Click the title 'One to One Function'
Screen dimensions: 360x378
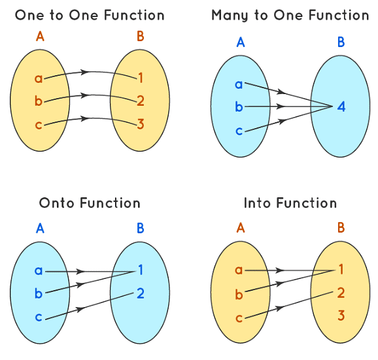coord(90,14)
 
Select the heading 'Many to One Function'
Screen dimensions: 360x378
coord(290,14)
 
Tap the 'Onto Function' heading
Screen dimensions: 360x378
coord(90,203)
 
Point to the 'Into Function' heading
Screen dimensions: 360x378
coord(290,203)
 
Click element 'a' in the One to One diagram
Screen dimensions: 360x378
coord(39,79)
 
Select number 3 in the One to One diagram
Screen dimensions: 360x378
coord(140,123)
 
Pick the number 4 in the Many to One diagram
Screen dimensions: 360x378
coord(341,106)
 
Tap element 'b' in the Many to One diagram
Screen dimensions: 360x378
coord(239,106)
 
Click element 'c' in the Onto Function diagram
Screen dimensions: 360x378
coord(39,316)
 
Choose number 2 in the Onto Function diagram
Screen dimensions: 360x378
coord(140,293)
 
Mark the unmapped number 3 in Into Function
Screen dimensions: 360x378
coord(341,316)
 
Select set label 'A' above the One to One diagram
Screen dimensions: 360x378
coord(40,37)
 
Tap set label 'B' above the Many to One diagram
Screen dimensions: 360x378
coord(341,42)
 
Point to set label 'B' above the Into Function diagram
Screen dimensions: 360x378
coord(341,228)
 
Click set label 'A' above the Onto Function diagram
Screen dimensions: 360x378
coord(40,228)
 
